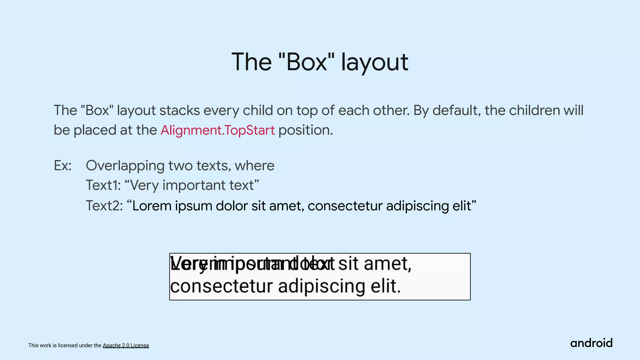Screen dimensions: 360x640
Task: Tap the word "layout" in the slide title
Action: (374, 62)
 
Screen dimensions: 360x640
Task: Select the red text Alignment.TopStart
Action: (217, 130)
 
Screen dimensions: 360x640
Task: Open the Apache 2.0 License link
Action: (126, 345)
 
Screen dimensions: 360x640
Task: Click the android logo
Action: (591, 343)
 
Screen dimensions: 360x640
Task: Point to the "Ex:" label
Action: (62, 166)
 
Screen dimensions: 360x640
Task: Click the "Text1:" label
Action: (103, 185)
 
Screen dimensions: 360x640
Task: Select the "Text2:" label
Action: (104, 206)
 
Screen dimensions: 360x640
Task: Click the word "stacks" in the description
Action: (180, 110)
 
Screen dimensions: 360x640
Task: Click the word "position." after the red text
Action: (306, 130)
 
